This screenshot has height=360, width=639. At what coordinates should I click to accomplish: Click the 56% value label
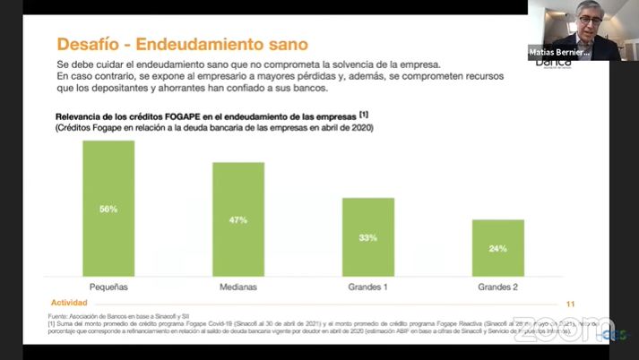[108, 209]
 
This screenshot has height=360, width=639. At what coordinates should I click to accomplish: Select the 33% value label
[368, 237]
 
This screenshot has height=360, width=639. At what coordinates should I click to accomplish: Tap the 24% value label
[498, 248]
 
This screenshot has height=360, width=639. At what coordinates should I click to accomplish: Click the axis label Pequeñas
[108, 287]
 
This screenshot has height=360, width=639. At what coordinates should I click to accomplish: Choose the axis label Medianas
[238, 287]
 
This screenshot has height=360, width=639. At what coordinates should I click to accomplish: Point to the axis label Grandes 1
[368, 287]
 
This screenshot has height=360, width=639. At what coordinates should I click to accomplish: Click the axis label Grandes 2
[498, 287]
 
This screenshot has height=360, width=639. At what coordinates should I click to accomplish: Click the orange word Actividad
[69, 303]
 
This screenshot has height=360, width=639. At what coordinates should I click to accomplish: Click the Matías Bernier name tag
[558, 53]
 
